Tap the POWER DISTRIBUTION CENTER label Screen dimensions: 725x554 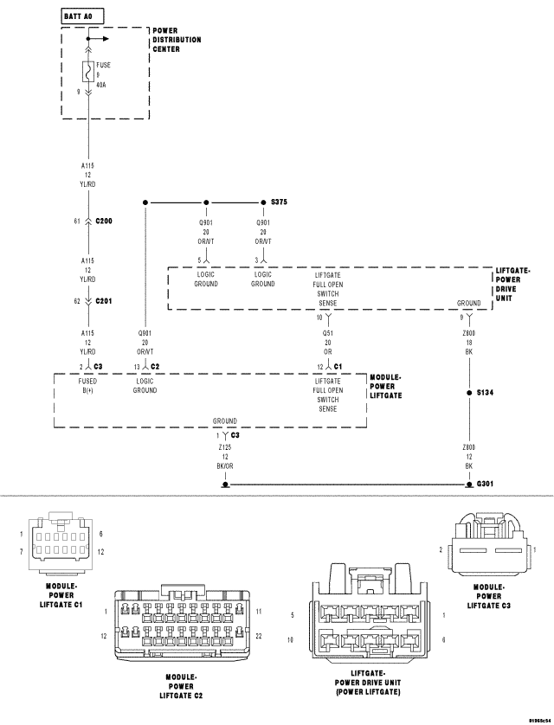tap(177, 40)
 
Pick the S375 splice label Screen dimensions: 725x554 tap(279, 202)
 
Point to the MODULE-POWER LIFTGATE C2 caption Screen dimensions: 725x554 tap(181, 686)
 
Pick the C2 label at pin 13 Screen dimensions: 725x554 tap(155, 366)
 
